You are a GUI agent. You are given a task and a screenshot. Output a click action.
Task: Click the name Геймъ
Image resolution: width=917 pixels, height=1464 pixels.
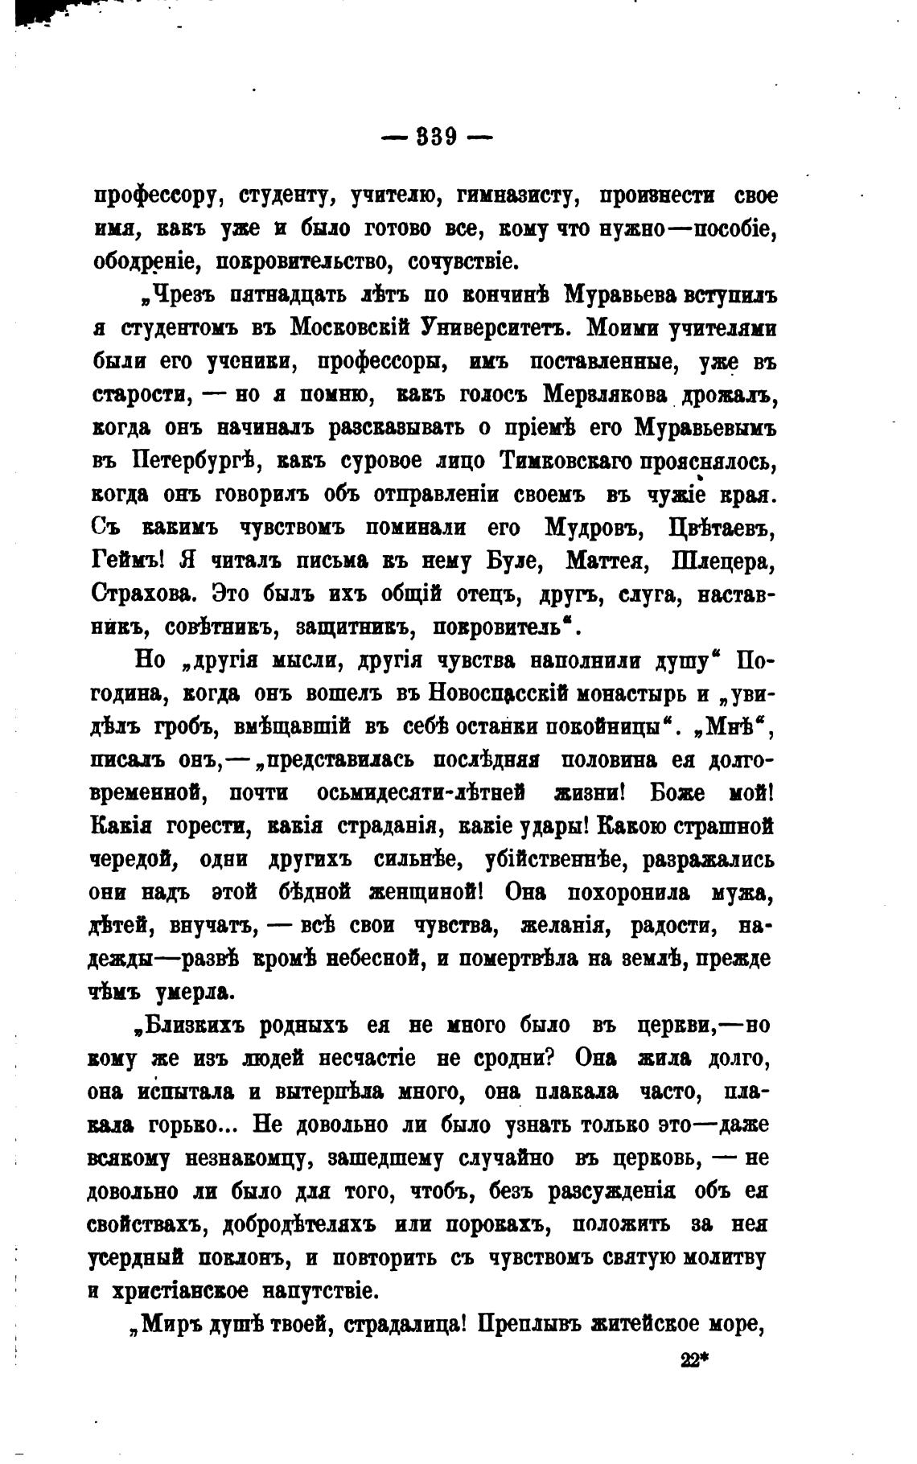click(x=129, y=561)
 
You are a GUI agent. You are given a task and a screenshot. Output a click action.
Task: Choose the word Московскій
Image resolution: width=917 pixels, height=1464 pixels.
click(x=350, y=328)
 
